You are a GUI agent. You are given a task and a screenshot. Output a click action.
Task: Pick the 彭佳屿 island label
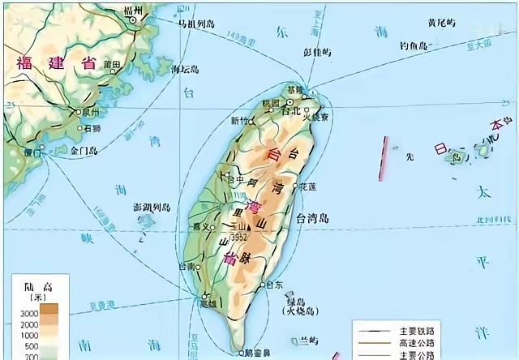[316, 53]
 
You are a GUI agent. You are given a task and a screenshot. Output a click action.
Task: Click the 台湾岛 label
[312, 218]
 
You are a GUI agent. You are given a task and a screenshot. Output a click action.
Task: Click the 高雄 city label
[208, 302]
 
